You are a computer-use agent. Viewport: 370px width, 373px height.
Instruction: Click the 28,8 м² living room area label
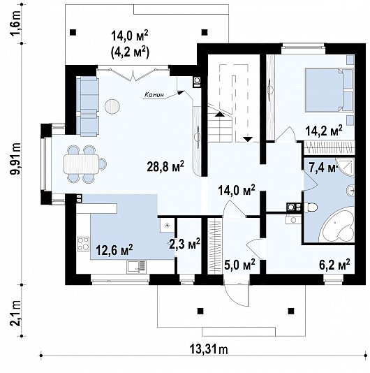click(x=165, y=166)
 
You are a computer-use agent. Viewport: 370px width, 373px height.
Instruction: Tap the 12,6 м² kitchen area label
click(x=114, y=250)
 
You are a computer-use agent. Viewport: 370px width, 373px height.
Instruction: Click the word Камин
click(x=154, y=95)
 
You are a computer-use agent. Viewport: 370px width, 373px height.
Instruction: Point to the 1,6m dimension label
click(x=16, y=24)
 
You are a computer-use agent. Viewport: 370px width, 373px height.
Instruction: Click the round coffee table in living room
click(x=112, y=106)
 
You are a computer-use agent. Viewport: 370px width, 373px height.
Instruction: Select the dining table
click(x=81, y=163)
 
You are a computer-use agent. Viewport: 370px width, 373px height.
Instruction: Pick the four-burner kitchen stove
click(x=83, y=244)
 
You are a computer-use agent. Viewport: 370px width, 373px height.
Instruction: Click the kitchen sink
click(x=137, y=267)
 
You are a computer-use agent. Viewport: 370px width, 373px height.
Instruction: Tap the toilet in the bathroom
click(x=311, y=207)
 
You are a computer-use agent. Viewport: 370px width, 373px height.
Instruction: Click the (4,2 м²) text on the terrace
click(x=130, y=52)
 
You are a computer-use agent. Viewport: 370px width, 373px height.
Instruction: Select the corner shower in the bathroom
click(x=346, y=168)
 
